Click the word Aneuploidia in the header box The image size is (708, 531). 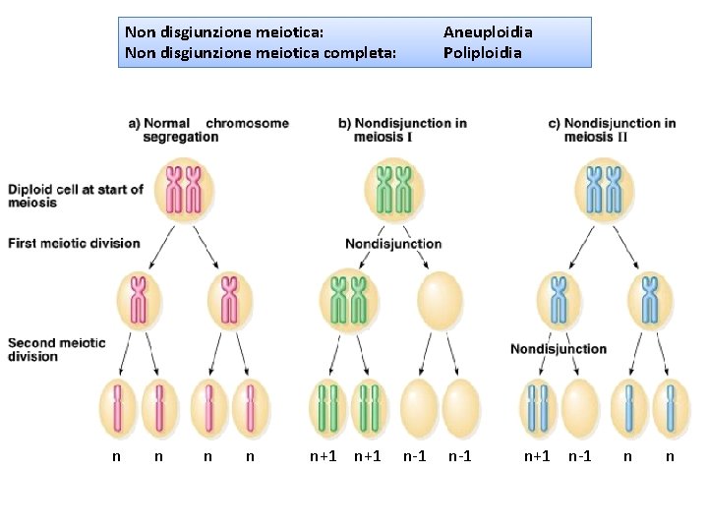pos(488,32)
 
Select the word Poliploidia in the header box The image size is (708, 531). pos(483,52)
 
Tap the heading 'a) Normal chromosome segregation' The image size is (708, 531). pos(208,130)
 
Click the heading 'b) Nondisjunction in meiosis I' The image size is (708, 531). pos(402,130)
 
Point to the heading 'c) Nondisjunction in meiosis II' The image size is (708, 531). pos(612,130)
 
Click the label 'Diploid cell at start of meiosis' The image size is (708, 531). pos(75,196)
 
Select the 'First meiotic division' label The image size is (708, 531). pos(74,243)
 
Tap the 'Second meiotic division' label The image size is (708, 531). pos(56,349)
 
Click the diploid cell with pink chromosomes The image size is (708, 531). pos(184,190)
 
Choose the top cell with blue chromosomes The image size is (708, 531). pos(605,190)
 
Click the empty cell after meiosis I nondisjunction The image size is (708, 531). pos(439,300)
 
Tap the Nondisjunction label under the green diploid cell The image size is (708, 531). pos(393,244)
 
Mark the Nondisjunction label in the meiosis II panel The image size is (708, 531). pos(559,349)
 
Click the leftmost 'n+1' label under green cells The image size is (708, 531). pos(324,456)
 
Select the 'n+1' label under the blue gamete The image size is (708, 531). pos(537,456)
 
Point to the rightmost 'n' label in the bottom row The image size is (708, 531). pos(670,456)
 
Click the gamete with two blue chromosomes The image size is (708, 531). pos(538,408)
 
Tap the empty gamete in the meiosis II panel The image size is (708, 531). pos(581,408)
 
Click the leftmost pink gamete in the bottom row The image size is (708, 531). pos(118,408)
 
